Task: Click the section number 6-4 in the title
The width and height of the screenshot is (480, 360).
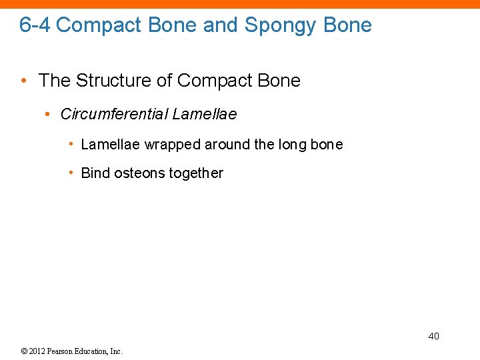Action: tap(35, 25)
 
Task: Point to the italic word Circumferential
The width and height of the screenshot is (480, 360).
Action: tap(113, 114)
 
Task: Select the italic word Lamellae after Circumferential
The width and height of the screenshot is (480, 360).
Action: tap(204, 114)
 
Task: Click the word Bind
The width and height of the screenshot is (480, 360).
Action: tap(95, 173)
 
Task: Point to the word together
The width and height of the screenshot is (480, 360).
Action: tap(196, 173)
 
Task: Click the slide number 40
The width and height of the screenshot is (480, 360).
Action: tap(433, 336)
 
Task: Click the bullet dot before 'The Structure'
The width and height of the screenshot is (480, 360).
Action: tap(24, 81)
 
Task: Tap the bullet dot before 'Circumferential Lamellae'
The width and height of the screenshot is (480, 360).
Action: tap(48, 115)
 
